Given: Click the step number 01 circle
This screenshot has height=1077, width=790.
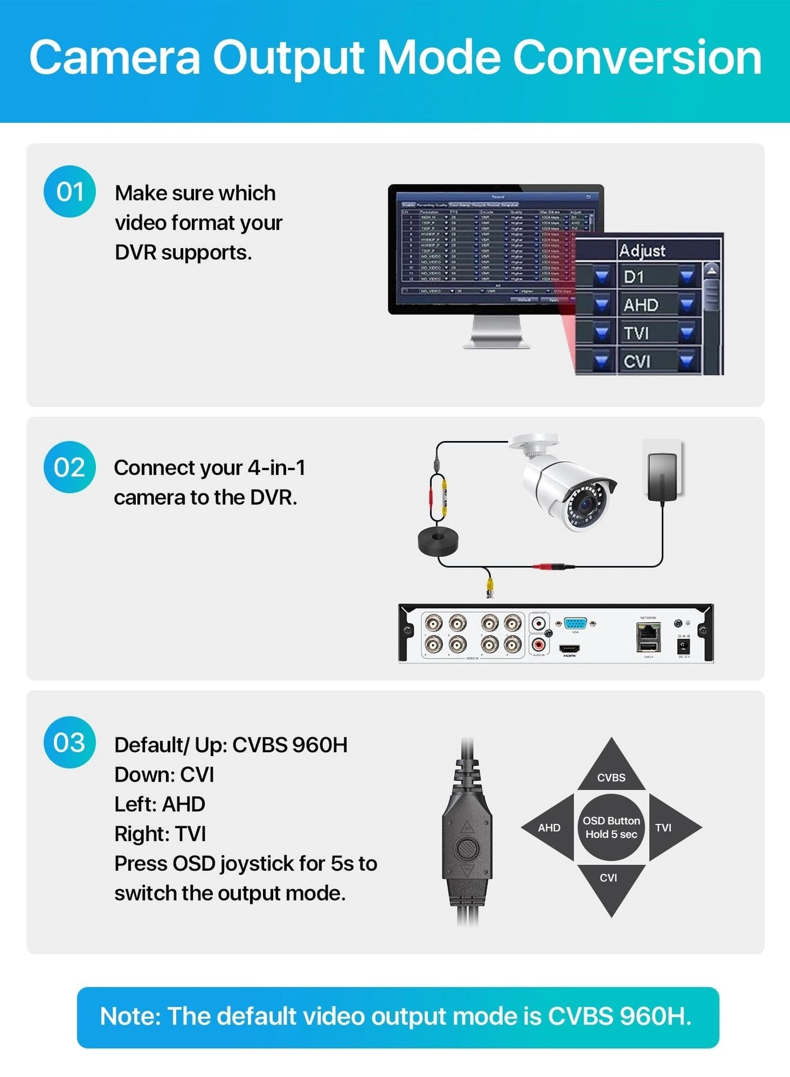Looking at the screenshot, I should (69, 192).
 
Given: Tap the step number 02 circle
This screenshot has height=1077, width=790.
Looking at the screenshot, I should (69, 467).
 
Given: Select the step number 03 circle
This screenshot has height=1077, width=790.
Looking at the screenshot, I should (69, 742).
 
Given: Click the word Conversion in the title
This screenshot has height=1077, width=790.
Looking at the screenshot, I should (637, 58).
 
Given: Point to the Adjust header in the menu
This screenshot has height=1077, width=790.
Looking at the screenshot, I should (642, 250).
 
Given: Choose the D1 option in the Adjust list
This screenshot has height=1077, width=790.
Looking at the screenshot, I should (634, 277).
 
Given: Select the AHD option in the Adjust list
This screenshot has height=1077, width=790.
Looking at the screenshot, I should (641, 305).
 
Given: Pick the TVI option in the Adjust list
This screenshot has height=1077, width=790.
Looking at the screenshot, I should (637, 333).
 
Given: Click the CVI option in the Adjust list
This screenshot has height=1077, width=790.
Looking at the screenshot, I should (637, 361).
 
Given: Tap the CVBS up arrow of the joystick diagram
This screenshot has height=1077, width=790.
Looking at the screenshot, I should (611, 770).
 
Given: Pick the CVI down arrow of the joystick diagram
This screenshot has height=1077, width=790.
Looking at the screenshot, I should (610, 885).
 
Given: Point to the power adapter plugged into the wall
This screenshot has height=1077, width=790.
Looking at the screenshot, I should (662, 476).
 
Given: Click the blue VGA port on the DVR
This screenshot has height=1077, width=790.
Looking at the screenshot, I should (575, 623).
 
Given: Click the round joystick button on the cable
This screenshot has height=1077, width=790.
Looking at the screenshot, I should (467, 847).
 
